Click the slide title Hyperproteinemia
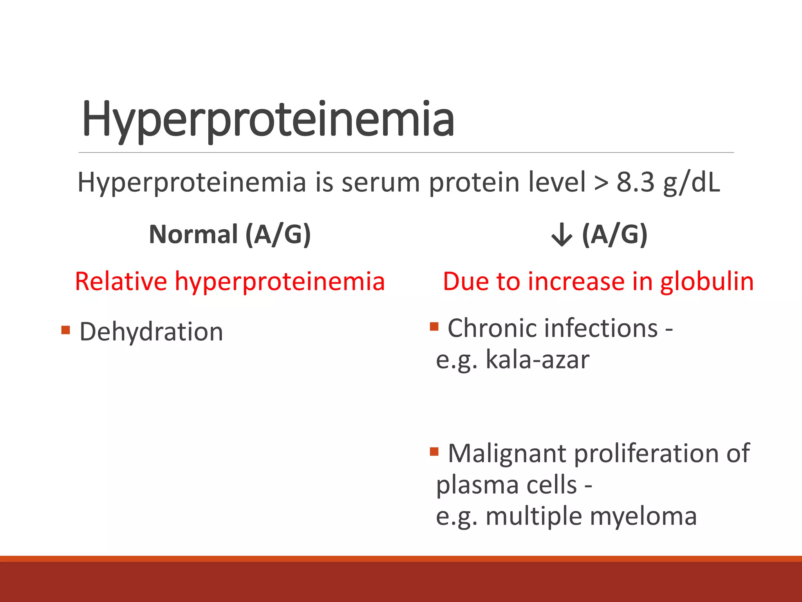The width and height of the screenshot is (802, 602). point(268,120)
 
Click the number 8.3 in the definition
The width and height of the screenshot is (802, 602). point(635,182)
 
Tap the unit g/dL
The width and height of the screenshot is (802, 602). point(692,183)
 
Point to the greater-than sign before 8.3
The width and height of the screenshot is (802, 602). point(601,183)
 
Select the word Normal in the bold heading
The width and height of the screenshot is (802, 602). point(193,234)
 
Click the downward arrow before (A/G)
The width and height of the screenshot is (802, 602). point(562,235)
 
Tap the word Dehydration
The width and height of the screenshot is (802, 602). point(151,332)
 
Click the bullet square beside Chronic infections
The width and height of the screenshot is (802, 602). point(434,326)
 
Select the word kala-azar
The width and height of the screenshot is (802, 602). point(537,359)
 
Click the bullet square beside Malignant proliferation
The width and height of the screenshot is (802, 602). point(434,452)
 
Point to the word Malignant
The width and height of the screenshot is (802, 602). point(507,453)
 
